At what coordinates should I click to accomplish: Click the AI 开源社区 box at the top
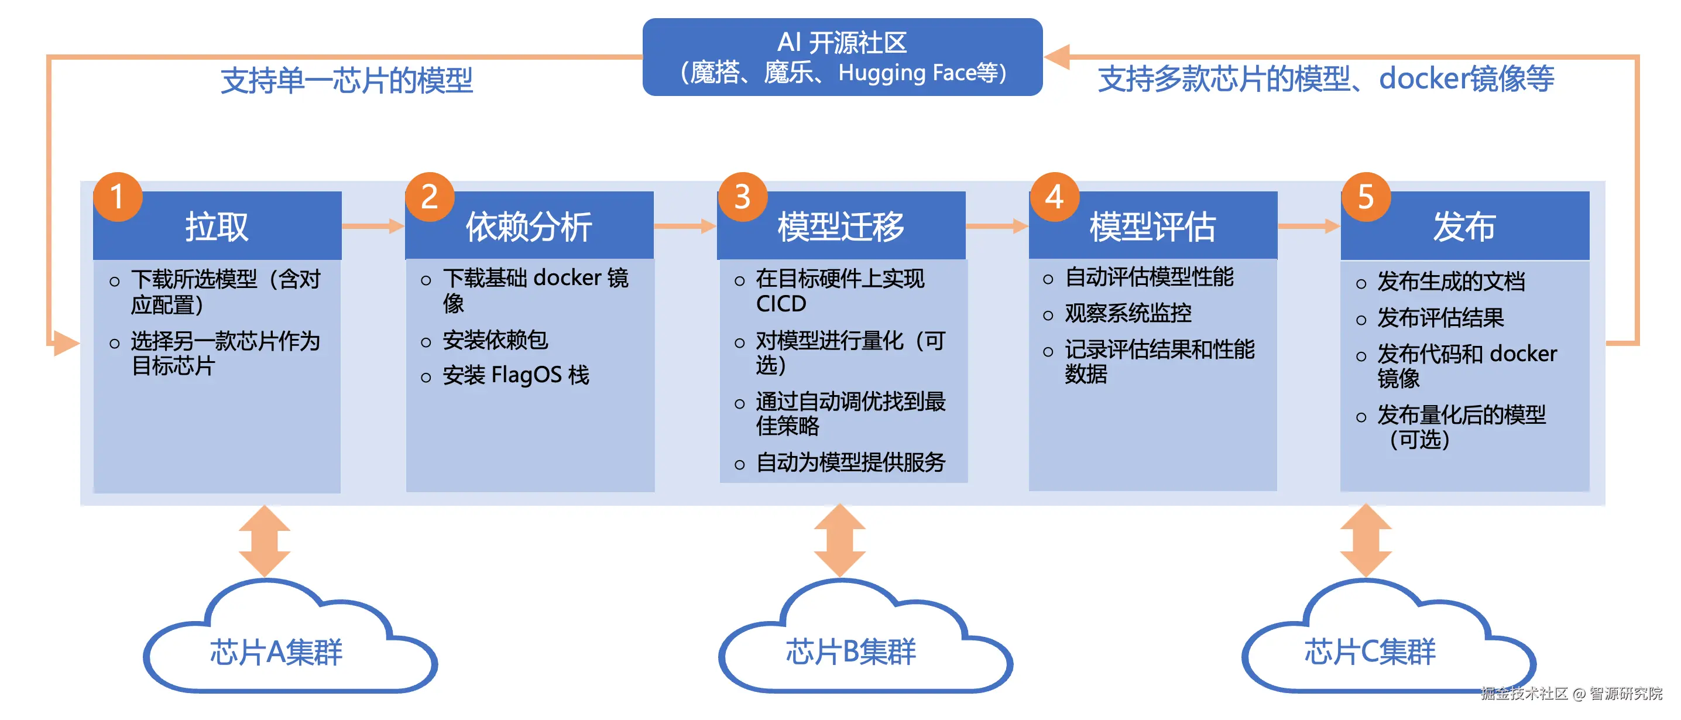(x=842, y=57)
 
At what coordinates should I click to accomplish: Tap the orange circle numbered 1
(x=118, y=197)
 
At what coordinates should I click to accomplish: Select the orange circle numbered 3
(x=742, y=197)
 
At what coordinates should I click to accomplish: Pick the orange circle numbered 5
(x=1366, y=197)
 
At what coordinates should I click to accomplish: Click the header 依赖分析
(x=529, y=227)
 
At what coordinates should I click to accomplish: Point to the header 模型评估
(x=1152, y=227)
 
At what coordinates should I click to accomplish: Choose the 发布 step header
(x=1464, y=227)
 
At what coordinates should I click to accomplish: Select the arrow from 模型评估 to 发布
(x=1308, y=226)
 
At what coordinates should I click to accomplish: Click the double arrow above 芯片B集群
(x=840, y=540)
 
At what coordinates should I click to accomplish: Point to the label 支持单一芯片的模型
(x=347, y=80)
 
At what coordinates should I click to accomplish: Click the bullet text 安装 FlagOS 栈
(x=516, y=375)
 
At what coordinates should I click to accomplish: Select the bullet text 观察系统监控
(x=1128, y=313)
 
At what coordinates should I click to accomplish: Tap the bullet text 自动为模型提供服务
(x=850, y=462)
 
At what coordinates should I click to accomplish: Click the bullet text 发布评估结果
(x=1440, y=318)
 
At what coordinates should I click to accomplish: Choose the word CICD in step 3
(x=780, y=304)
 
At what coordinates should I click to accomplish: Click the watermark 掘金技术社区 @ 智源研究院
(x=1572, y=693)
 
